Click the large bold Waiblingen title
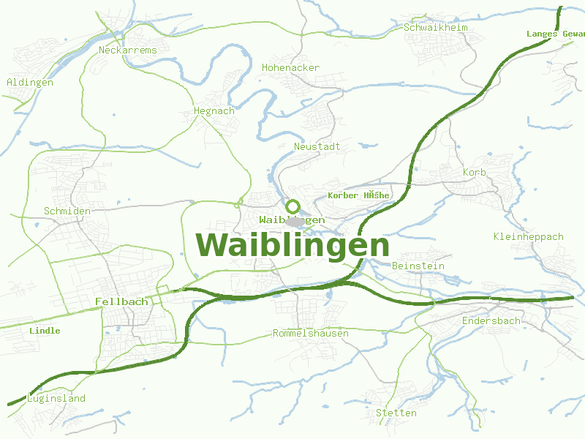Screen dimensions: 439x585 [x=292, y=245]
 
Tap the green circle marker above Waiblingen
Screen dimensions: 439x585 [x=293, y=206]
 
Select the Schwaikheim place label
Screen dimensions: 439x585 [x=436, y=28]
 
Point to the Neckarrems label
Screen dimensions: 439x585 [x=128, y=50]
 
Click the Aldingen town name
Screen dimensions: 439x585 [x=30, y=83]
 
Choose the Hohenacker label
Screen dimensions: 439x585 [x=290, y=68]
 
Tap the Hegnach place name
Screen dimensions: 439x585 [x=214, y=111]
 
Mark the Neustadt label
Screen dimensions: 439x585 [x=317, y=147]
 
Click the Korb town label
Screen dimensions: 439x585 [x=474, y=173]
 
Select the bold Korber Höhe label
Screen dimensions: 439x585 [x=359, y=195]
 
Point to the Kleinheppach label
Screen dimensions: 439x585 [x=528, y=237]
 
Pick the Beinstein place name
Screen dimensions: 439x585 [x=418, y=266]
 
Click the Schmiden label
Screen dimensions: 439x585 [x=67, y=211]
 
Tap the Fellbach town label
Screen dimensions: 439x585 [x=121, y=301]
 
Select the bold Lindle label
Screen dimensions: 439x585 [x=45, y=331]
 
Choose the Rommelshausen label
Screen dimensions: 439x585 [x=310, y=334]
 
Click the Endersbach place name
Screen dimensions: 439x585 [x=491, y=321]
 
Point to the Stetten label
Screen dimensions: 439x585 [x=396, y=413]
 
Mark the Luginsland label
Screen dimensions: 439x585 [x=56, y=399]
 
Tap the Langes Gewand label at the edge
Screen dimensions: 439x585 [x=555, y=34]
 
